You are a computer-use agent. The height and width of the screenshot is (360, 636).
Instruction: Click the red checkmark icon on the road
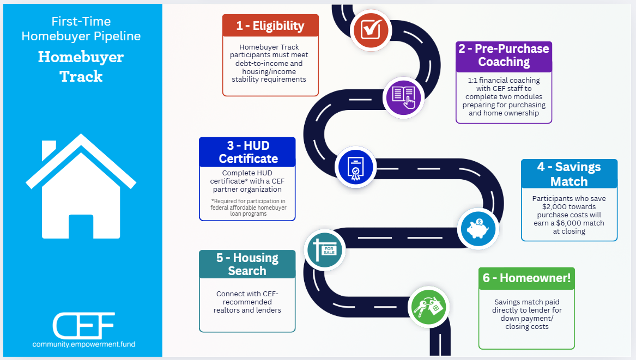[x=371, y=29]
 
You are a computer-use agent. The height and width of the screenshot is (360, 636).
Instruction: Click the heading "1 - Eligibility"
[x=270, y=26]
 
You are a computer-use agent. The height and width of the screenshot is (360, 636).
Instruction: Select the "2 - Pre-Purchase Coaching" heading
[x=504, y=56]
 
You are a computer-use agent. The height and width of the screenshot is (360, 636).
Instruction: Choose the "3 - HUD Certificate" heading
[x=248, y=152]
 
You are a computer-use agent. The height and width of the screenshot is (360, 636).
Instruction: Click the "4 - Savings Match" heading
[x=569, y=174]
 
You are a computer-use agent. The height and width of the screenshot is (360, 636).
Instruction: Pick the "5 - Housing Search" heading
[x=247, y=264]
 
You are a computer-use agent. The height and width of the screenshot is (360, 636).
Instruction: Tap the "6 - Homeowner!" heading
[x=526, y=278]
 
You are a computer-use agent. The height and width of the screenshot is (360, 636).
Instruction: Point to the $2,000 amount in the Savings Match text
[x=555, y=207]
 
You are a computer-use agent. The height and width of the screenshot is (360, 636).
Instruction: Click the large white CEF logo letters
[x=83, y=325]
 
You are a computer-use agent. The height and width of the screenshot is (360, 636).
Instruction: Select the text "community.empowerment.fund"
[x=83, y=344]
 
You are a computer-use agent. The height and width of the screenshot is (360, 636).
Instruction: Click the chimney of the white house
[x=49, y=149]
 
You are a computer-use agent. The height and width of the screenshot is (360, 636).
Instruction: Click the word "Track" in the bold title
[x=81, y=76]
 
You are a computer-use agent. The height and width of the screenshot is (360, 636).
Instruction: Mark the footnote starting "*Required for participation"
[x=247, y=208]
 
